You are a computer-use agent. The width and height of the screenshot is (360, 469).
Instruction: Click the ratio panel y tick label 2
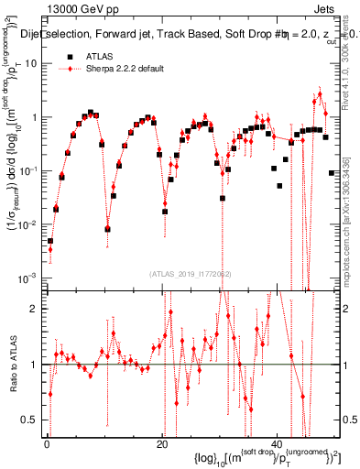[x=34, y=309]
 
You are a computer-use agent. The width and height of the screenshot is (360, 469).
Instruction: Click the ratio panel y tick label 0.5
[x=30, y=420]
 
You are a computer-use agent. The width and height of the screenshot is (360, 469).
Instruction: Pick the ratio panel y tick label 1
[x=34, y=365]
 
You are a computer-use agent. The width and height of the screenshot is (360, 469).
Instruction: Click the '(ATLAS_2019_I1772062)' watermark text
[x=191, y=274]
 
